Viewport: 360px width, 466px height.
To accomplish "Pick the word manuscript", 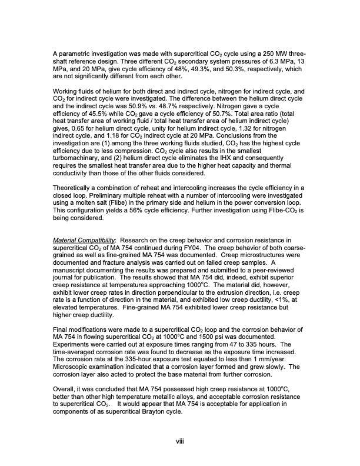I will (71, 295).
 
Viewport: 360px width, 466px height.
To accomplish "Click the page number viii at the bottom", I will (180, 451).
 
